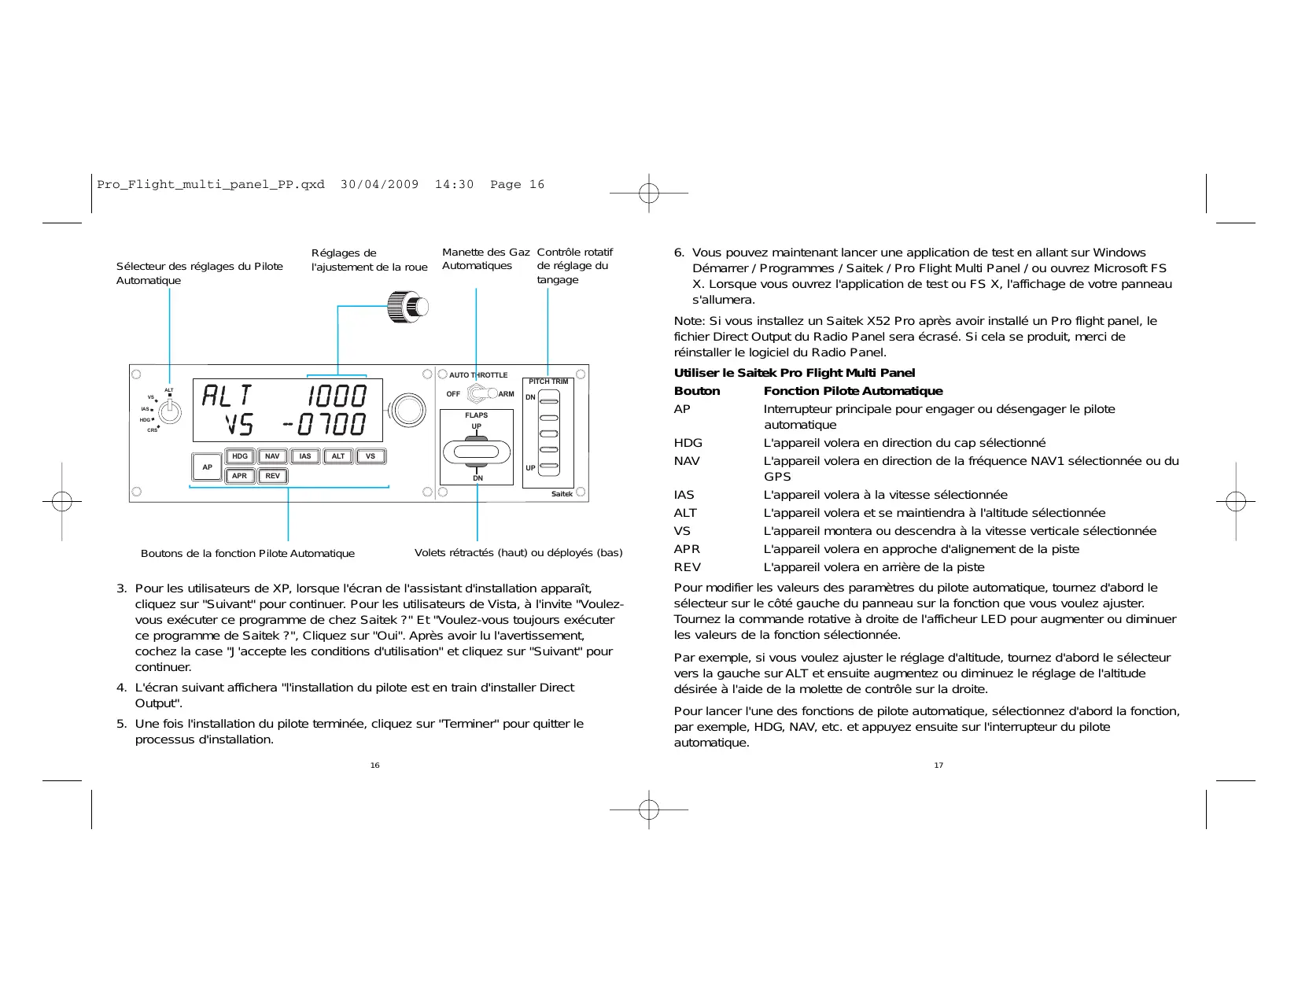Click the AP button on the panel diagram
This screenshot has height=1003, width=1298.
click(x=207, y=466)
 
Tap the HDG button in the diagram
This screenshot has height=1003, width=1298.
click(x=240, y=456)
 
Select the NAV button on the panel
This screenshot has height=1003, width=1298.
click(x=272, y=456)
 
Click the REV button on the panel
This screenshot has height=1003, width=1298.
click(x=272, y=476)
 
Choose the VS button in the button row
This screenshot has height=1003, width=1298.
click(x=371, y=456)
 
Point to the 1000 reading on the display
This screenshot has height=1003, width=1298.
click(x=337, y=396)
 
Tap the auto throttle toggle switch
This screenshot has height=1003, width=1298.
click(x=480, y=393)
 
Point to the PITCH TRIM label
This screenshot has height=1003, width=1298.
click(x=548, y=382)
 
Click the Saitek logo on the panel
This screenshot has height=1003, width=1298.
click(x=562, y=494)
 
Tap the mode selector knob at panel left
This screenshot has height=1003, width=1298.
click(x=169, y=411)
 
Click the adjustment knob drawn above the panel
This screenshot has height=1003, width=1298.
click(x=407, y=306)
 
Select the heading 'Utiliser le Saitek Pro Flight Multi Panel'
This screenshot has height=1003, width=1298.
click(x=795, y=373)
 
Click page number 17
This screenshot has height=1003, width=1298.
click(x=938, y=765)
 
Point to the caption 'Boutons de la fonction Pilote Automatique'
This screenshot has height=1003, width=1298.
click(x=248, y=554)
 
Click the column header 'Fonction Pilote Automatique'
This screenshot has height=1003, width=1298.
click(x=853, y=391)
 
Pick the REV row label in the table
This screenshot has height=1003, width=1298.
click(x=687, y=567)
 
